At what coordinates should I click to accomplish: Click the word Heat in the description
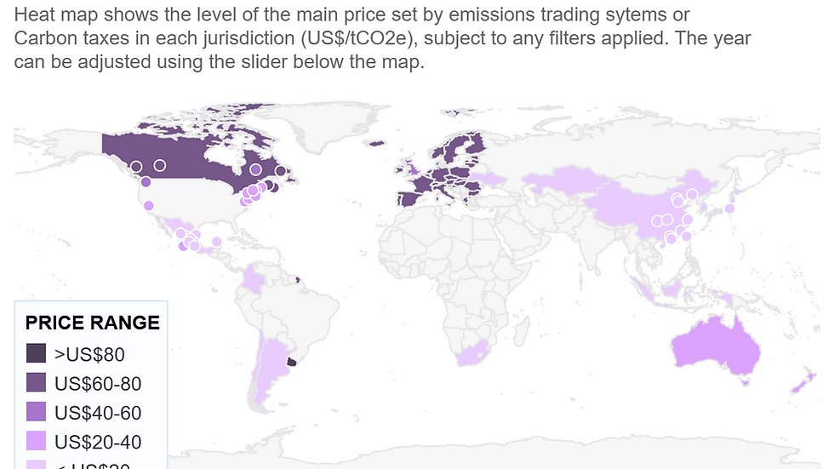[x=35, y=15]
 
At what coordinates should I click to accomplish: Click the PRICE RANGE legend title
[x=92, y=323]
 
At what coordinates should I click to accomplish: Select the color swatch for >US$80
[x=36, y=353]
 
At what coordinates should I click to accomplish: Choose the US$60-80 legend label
[x=97, y=384]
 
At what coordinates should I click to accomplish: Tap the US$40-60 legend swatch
[x=36, y=413]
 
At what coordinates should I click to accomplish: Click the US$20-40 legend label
[x=97, y=442]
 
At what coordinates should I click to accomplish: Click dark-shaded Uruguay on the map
[x=293, y=362]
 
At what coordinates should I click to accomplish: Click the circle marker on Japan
[x=729, y=208]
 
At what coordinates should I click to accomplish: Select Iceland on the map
[x=375, y=143]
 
